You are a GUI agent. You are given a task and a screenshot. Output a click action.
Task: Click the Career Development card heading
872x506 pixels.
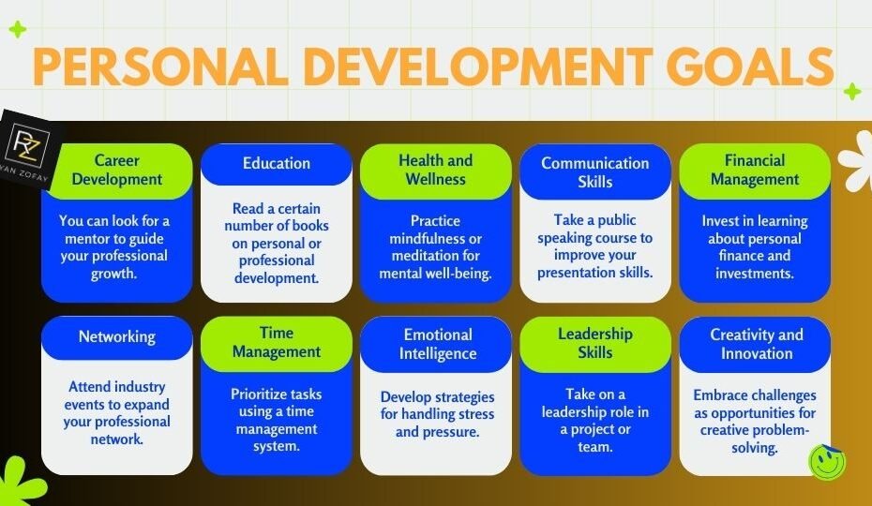click(x=117, y=171)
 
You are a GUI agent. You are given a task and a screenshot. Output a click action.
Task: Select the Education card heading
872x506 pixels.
click(x=277, y=163)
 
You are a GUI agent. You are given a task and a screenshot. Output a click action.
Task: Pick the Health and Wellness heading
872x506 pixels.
click(x=436, y=171)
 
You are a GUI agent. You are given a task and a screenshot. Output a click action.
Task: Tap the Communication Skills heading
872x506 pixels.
click(x=595, y=171)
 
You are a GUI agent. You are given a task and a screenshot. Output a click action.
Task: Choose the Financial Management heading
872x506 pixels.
click(x=755, y=171)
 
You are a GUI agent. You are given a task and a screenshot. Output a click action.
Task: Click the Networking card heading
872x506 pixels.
click(x=117, y=337)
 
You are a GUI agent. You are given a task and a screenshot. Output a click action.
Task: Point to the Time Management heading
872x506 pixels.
click(x=277, y=343)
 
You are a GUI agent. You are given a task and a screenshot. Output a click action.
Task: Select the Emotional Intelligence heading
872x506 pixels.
click(x=436, y=344)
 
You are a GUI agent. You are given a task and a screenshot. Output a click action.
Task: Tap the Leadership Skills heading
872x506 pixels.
click(x=595, y=343)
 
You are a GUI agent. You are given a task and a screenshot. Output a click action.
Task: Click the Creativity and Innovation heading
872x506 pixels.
click(x=756, y=344)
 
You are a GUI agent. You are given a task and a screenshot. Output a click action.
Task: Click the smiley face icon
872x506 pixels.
click(x=827, y=461)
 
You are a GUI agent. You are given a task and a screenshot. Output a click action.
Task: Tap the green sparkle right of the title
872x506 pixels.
click(x=851, y=92)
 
